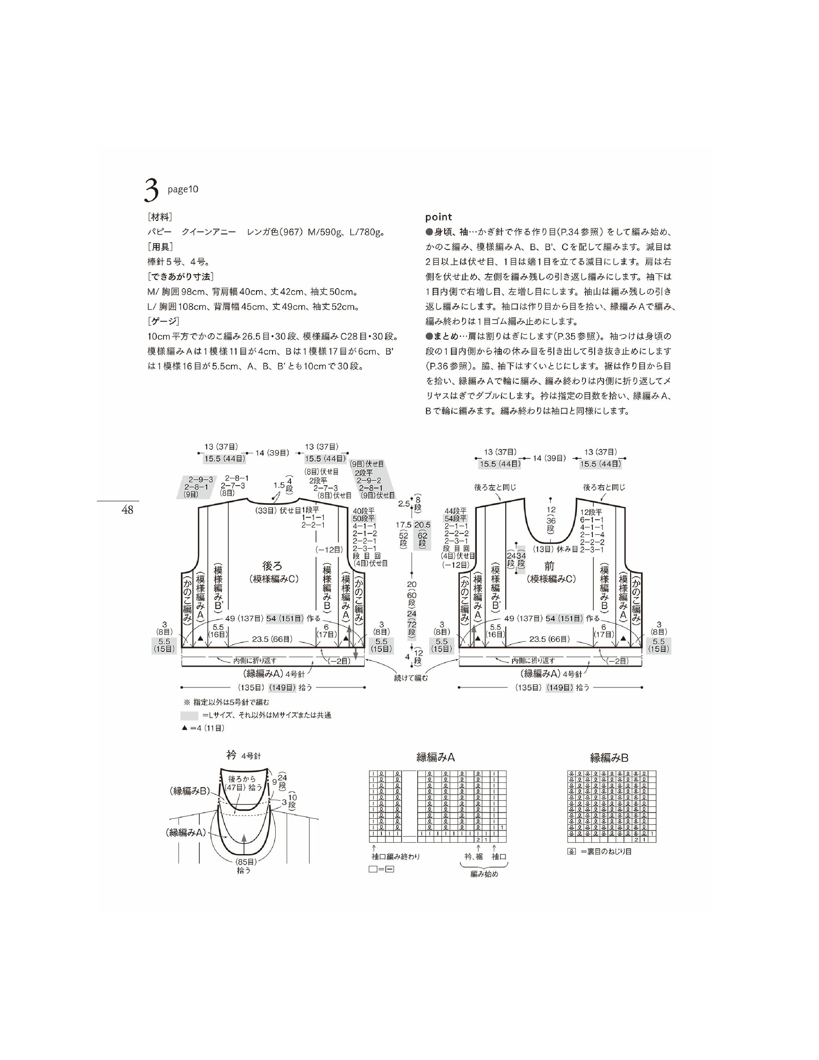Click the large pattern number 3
[151, 190]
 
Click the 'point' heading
[439, 217]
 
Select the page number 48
[128, 510]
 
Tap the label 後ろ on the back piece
[272, 566]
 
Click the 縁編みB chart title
[609, 757]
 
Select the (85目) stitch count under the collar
[246, 862]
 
